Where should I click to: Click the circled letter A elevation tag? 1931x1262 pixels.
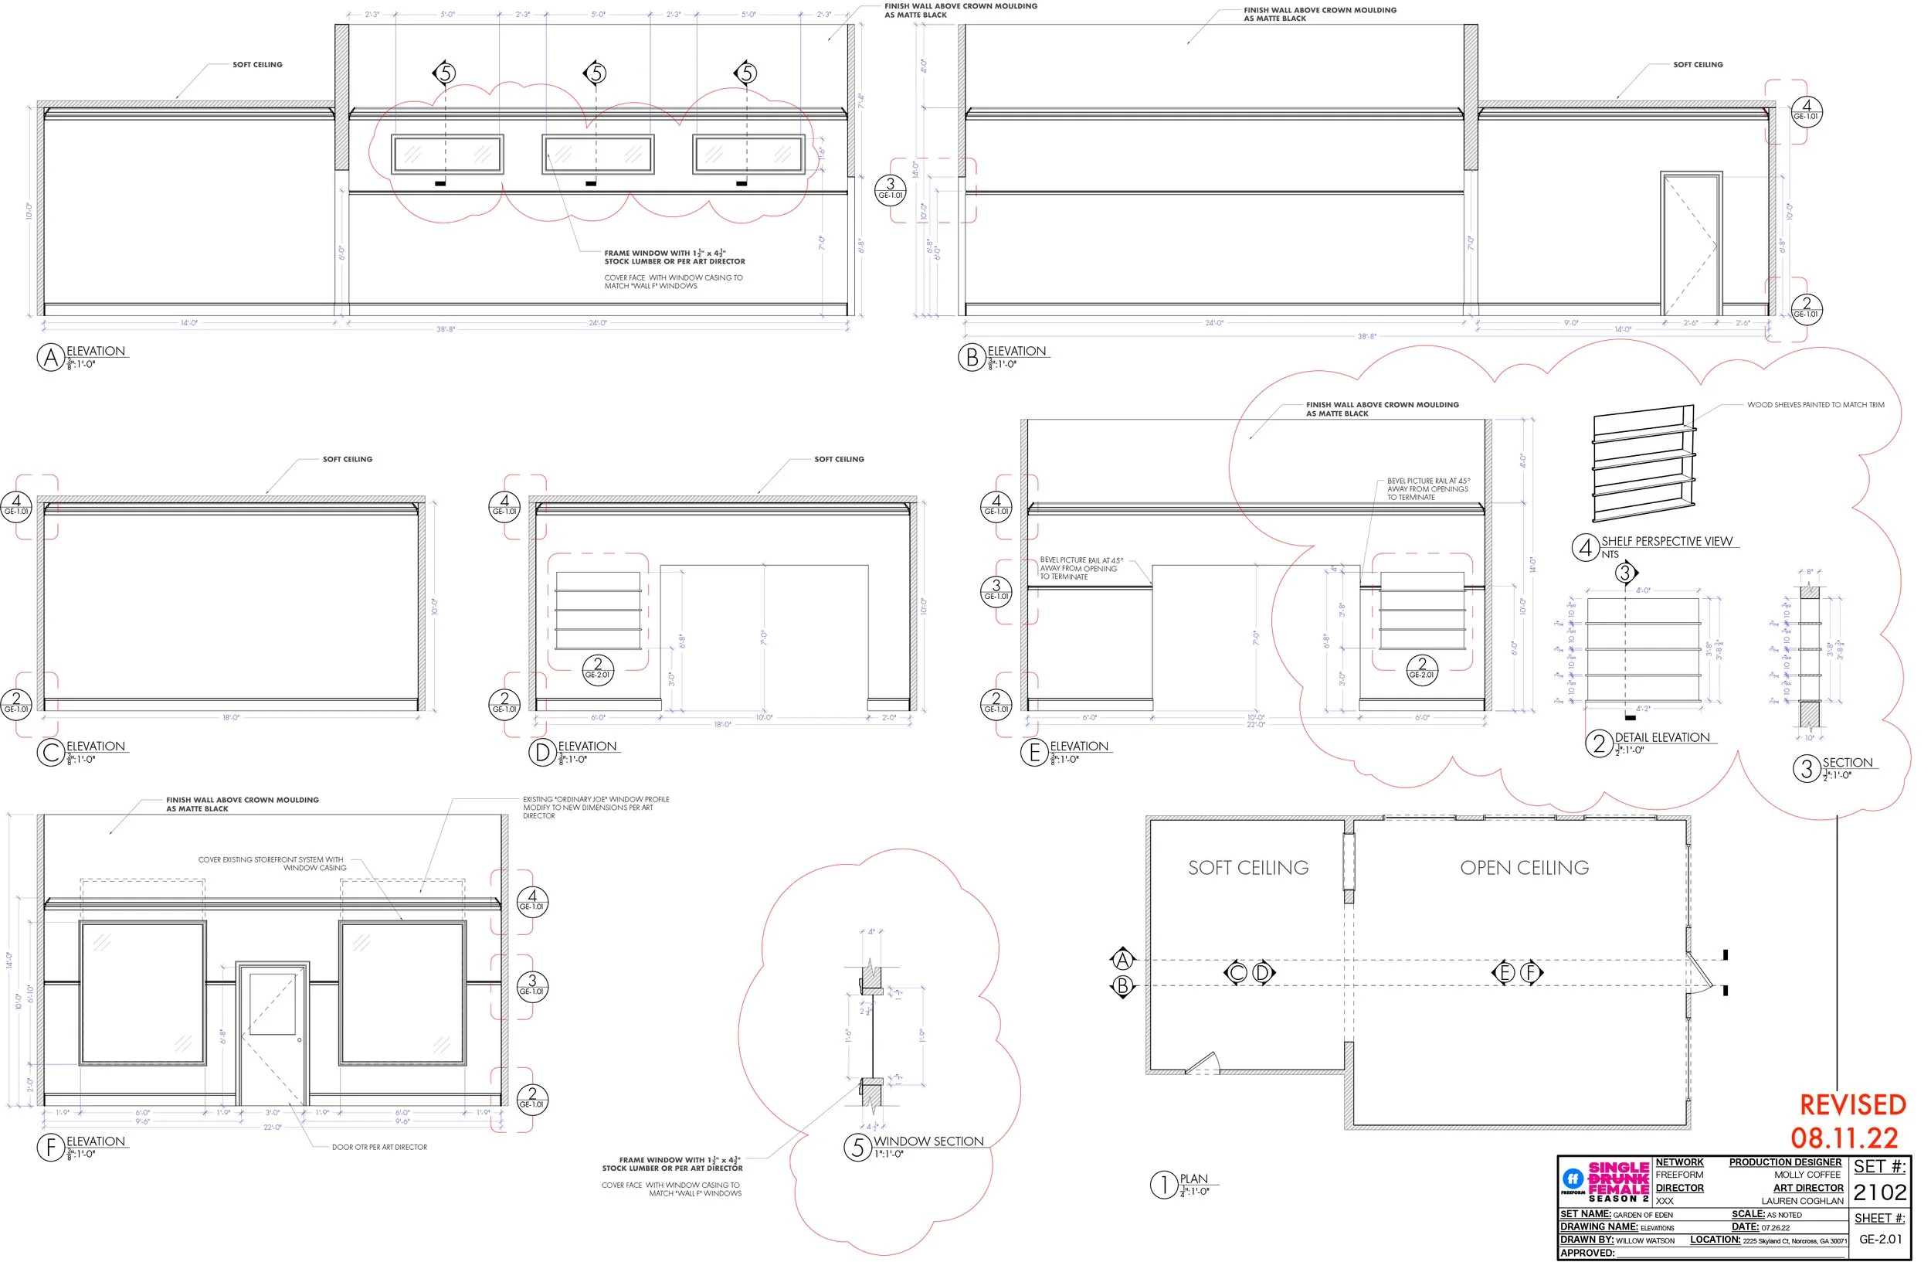click(50, 357)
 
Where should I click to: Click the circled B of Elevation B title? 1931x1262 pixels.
click(971, 357)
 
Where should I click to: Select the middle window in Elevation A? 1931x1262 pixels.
click(597, 155)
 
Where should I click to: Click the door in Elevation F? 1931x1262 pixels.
click(273, 1032)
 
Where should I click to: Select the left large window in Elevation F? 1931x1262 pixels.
click(143, 992)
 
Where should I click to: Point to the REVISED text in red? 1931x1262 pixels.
click(1852, 1105)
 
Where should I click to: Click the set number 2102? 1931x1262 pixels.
click(1879, 1192)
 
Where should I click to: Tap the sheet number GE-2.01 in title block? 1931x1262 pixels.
click(1880, 1240)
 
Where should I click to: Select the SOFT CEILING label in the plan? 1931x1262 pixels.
click(1248, 868)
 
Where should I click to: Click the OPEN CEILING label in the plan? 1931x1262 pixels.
click(1524, 868)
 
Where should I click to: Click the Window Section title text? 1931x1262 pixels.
click(928, 1141)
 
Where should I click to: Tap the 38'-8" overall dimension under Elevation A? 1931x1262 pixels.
click(446, 329)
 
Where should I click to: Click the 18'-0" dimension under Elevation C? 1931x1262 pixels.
click(231, 717)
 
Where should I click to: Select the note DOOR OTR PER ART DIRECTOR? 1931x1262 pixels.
click(379, 1147)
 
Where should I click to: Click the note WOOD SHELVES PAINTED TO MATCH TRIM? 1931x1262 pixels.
click(1816, 404)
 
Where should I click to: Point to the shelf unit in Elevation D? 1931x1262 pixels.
click(598, 611)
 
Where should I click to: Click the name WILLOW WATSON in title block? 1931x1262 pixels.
click(1644, 1240)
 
